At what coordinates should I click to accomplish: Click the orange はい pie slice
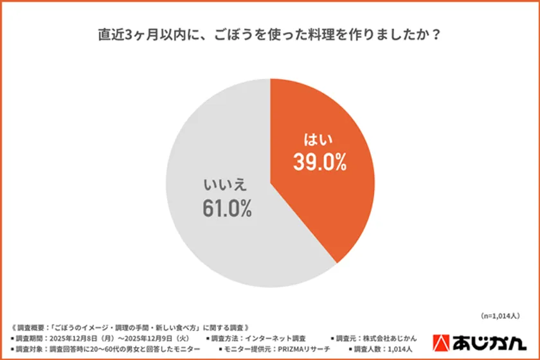321,193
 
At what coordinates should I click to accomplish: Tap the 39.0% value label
319,163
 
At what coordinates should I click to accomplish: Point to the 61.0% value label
227,208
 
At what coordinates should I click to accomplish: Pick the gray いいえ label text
226,185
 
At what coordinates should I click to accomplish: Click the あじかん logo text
494,343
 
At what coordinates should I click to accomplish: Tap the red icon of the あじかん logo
443,343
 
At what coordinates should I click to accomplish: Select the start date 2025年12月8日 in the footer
78,337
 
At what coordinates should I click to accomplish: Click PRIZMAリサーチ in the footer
303,348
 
